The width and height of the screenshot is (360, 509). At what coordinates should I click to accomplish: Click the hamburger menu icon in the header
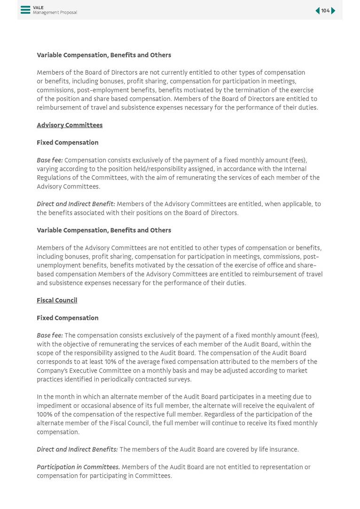(25, 10)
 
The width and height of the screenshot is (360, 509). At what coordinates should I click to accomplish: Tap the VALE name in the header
(38, 8)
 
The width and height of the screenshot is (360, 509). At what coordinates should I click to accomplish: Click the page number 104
(325, 11)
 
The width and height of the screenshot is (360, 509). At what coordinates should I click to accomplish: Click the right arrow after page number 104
(333, 11)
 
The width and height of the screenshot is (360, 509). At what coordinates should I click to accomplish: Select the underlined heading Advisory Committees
(70, 125)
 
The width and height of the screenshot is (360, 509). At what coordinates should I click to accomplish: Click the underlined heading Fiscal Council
(57, 300)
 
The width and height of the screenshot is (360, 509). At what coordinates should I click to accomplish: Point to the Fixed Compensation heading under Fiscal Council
(68, 318)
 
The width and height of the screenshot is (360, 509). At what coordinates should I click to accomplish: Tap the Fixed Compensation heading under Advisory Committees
(68, 143)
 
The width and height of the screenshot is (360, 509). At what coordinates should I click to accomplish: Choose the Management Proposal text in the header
(55, 13)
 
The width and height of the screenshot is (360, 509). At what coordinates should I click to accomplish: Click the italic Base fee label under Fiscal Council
(49, 336)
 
